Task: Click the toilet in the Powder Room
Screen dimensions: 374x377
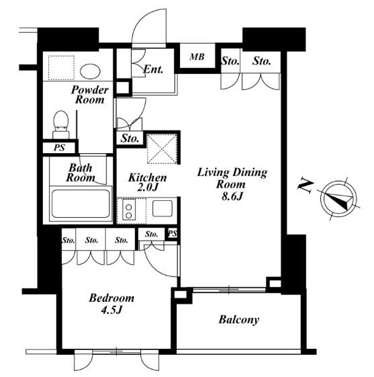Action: [61, 124]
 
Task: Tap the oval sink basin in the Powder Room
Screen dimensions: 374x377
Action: [90, 71]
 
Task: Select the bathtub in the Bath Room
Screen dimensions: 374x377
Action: [81, 204]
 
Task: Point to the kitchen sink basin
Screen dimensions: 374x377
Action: [162, 208]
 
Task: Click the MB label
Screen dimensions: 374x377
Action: [197, 57]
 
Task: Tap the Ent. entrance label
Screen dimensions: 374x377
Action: [153, 69]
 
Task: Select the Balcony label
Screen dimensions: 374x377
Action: [239, 320]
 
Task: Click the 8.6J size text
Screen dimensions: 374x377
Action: [232, 196]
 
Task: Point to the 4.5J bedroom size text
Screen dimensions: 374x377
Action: [111, 310]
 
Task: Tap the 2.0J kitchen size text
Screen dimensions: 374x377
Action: [148, 187]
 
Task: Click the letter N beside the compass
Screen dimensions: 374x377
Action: [306, 186]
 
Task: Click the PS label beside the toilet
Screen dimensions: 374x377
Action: [59, 147]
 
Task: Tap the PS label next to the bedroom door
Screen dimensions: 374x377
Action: [173, 233]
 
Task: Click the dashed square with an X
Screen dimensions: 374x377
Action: [162, 149]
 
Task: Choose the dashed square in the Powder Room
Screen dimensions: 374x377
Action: [61, 68]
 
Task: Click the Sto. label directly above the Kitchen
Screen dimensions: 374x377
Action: [130, 138]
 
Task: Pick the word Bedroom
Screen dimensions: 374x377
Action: [111, 298]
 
